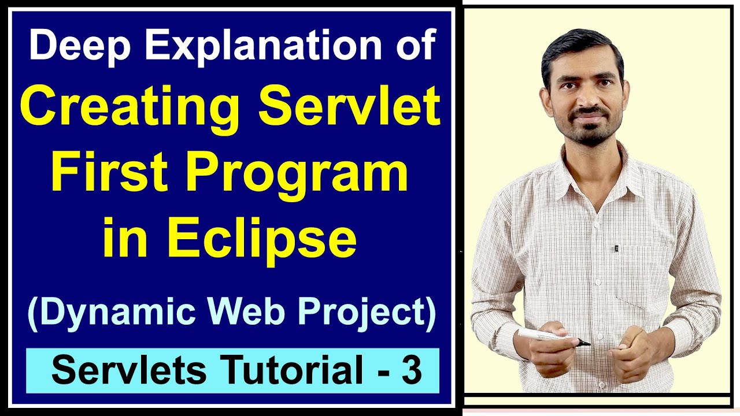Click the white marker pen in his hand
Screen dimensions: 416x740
pos(546,335)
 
